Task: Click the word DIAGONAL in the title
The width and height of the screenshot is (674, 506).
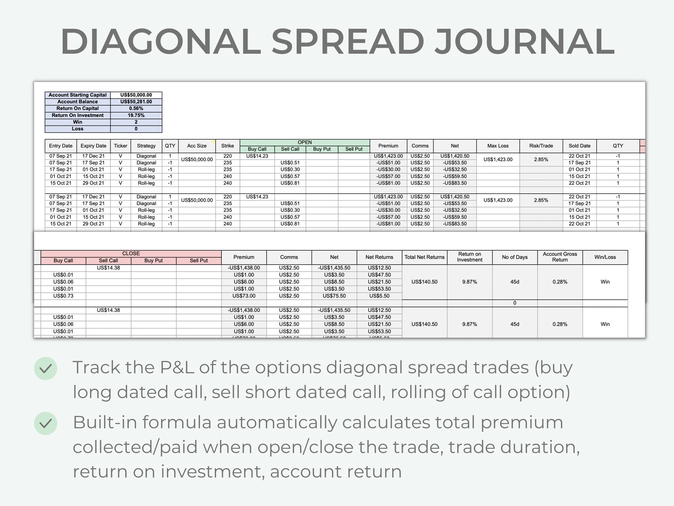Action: (x=161, y=41)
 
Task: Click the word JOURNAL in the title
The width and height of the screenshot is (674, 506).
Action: (x=524, y=41)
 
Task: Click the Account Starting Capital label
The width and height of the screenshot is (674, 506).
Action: (x=77, y=95)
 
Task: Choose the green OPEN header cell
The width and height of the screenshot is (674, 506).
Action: (x=305, y=142)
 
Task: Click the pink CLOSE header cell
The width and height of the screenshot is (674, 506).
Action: (x=131, y=253)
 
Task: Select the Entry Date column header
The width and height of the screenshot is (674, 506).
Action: (x=61, y=146)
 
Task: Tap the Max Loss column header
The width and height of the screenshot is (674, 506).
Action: (x=498, y=146)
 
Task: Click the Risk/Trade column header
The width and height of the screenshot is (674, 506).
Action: (x=541, y=146)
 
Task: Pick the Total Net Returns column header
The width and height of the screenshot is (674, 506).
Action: (x=424, y=257)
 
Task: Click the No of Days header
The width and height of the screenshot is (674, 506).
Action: (x=515, y=257)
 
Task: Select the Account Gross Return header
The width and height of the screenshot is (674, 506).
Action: (x=560, y=257)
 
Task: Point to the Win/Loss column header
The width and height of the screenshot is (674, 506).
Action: (x=605, y=257)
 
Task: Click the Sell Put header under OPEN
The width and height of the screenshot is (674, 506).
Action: (x=354, y=149)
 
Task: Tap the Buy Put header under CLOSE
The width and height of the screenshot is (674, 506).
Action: (x=154, y=260)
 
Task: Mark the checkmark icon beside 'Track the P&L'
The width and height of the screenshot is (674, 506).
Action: (x=46, y=369)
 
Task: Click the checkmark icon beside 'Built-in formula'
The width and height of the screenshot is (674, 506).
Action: (x=46, y=423)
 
